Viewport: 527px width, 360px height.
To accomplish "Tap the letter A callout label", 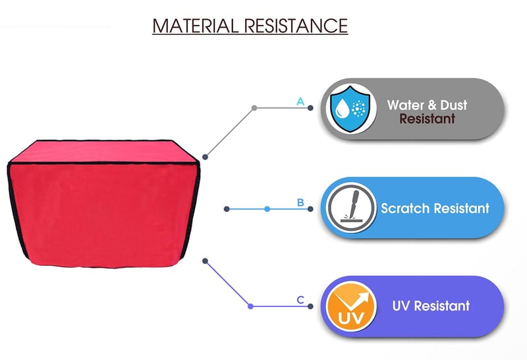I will (x=300, y=102).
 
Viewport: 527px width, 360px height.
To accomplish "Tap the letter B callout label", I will (x=300, y=202).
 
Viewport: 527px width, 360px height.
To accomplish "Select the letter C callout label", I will (x=300, y=301).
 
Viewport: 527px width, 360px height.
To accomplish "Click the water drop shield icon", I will (x=348, y=108).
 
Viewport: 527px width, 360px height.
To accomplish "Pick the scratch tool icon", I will (x=349, y=208).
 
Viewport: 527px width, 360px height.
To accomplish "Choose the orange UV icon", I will (x=349, y=306).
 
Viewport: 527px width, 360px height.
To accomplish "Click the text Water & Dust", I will (x=427, y=105).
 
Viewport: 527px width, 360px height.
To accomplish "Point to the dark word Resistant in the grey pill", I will (x=427, y=120).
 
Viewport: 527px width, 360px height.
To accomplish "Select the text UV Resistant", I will (x=431, y=306).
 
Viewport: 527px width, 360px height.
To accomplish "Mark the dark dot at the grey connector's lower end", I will (x=206, y=157).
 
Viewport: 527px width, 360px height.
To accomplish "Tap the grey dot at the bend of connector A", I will (x=254, y=107).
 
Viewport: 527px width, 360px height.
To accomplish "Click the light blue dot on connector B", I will (x=267, y=209).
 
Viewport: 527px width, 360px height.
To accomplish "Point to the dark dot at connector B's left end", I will (x=227, y=209).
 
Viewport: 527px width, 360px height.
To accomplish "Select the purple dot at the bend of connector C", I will (x=250, y=306).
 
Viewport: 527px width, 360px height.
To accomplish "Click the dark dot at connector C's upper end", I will (x=206, y=260).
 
